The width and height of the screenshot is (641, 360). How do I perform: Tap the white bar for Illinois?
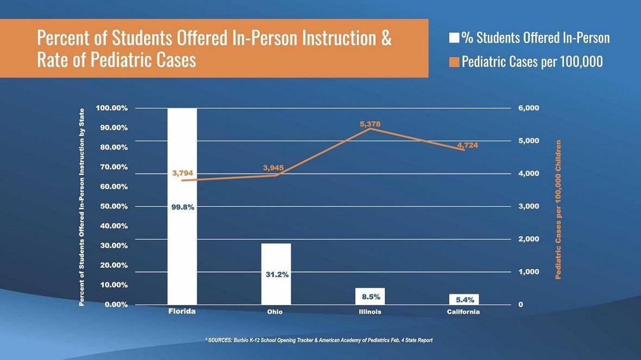click(x=370, y=296)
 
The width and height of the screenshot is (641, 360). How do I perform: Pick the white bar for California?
click(x=464, y=299)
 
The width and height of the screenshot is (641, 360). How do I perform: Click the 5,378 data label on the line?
click(x=370, y=124)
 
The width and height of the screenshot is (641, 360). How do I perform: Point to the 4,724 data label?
click(x=468, y=145)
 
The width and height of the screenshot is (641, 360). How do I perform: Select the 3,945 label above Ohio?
click(x=273, y=168)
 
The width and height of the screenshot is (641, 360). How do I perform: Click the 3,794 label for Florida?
click(x=183, y=173)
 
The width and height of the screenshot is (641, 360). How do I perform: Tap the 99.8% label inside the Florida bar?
click(x=183, y=207)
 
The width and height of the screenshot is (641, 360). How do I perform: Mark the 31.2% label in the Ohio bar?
click(x=276, y=275)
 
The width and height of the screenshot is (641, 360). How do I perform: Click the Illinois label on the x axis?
click(x=370, y=312)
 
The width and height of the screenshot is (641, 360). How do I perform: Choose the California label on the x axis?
click(x=463, y=312)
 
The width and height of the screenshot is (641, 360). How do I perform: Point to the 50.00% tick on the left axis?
click(x=112, y=206)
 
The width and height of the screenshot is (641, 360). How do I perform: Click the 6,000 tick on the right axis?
click(x=529, y=108)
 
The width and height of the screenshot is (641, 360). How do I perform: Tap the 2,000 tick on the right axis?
click(x=529, y=239)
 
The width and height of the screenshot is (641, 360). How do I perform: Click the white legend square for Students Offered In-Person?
click(x=454, y=38)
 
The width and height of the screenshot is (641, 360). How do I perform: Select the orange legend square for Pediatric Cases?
click(x=454, y=61)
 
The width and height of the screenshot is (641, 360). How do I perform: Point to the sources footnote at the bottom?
click(x=319, y=340)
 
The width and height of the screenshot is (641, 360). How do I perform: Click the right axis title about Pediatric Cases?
click(x=558, y=210)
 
